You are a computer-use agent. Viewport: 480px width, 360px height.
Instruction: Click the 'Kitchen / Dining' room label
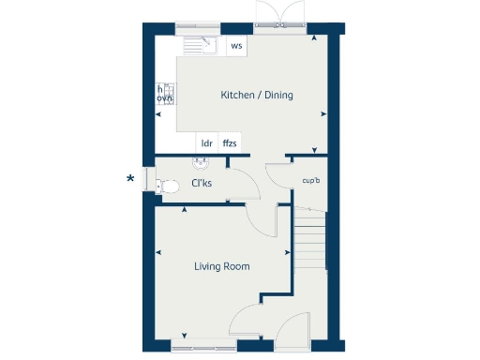[257, 95]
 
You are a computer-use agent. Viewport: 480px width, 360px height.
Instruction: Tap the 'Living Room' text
[222, 266]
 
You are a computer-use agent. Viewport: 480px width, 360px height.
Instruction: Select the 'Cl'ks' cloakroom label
[201, 183]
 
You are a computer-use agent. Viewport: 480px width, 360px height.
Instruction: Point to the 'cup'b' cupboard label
[310, 181]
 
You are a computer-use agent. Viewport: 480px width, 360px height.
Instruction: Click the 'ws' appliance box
[236, 45]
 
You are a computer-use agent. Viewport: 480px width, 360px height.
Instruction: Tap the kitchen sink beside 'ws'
[201, 45]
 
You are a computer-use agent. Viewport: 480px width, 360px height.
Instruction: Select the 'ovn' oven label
[165, 97]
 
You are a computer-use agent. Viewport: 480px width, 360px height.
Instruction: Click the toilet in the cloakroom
[168, 187]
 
